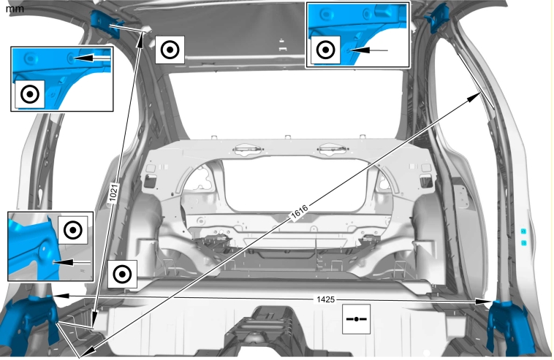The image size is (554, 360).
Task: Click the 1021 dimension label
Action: [113, 192]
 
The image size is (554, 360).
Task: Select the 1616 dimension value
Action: [299, 212]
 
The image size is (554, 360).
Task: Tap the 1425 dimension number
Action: [325, 299]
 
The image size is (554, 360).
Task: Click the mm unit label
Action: [15, 9]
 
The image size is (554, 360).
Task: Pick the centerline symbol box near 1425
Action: [356, 319]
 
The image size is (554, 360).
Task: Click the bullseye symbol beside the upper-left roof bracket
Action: [170, 50]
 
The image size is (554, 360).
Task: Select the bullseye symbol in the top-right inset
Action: [326, 50]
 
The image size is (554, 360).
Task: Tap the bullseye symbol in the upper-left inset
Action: [30, 95]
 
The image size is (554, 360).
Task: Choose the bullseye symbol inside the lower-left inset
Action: [73, 230]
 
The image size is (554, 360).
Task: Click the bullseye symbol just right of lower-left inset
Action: [122, 275]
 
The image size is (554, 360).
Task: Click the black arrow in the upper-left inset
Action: [92, 58]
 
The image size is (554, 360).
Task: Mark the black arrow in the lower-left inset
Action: [72, 263]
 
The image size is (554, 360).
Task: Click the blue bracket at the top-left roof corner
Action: [105, 23]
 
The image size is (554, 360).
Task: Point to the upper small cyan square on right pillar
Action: [523, 231]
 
